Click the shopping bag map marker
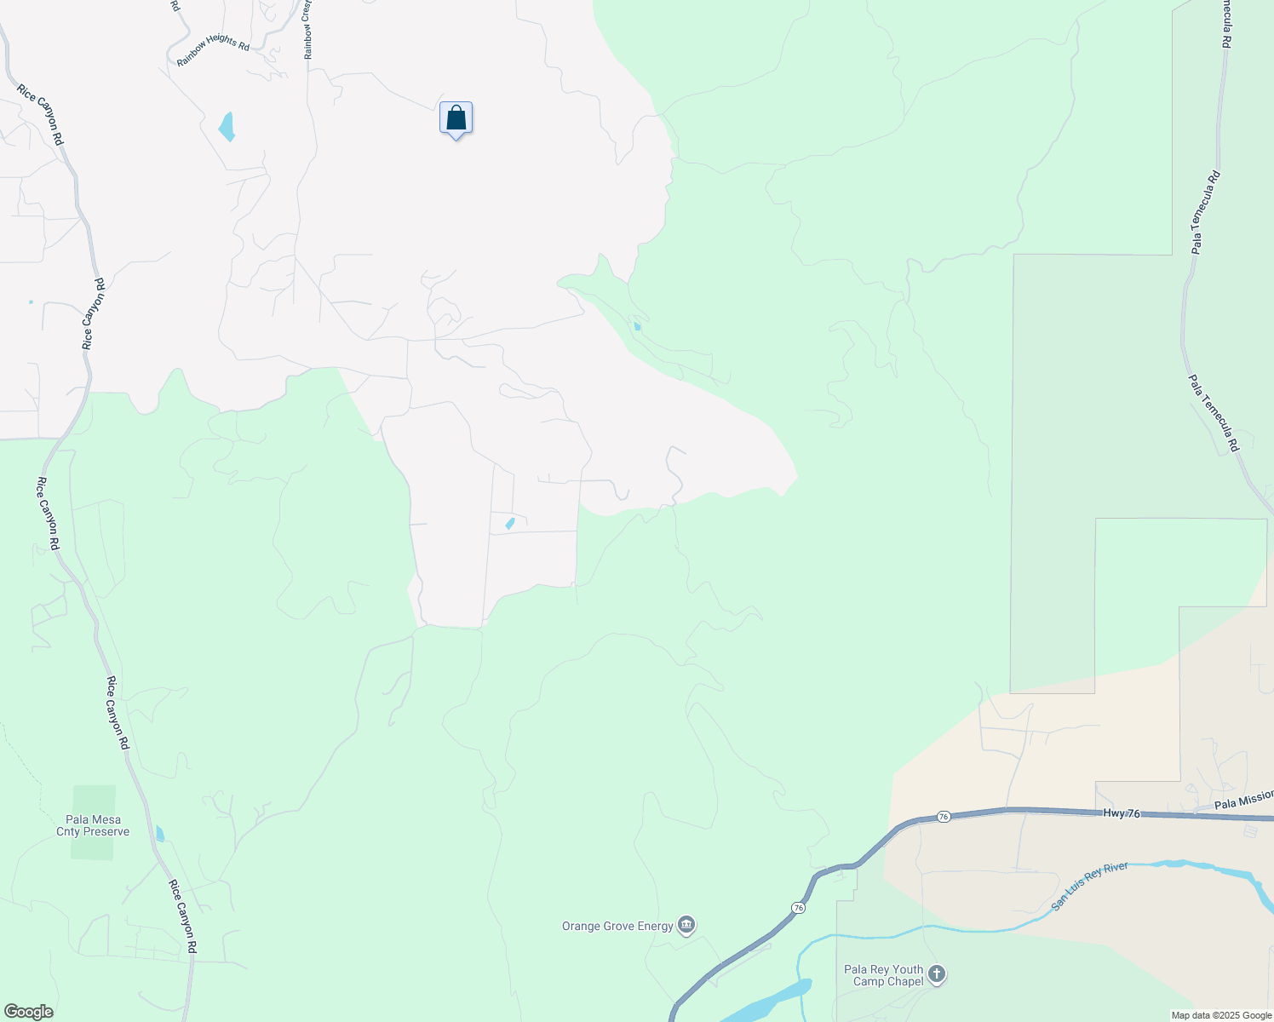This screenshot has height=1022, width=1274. tap(456, 118)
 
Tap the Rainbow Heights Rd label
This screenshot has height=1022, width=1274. tap(213, 50)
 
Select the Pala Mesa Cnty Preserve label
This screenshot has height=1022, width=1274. tap(93, 825)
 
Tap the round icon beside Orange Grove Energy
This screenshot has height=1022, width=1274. tap(686, 925)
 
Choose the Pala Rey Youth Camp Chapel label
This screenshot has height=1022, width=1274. tap(883, 975)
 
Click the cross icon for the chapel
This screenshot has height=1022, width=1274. tap(936, 973)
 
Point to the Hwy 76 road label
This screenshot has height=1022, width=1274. tap(1120, 813)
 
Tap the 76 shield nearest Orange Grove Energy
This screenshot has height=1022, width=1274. tap(797, 908)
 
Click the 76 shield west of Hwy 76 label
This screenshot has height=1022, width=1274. tap(943, 817)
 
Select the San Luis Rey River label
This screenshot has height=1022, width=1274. tap(1089, 886)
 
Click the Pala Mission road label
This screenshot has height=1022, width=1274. tap(1243, 800)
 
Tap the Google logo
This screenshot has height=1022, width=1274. tap(28, 1012)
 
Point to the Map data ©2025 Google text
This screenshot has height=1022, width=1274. tap(1221, 1015)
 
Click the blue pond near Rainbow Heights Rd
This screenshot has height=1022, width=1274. tap(227, 127)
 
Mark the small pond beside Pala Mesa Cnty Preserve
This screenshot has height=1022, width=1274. tap(160, 834)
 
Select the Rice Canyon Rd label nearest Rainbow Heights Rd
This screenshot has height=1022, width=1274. tap(40, 114)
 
